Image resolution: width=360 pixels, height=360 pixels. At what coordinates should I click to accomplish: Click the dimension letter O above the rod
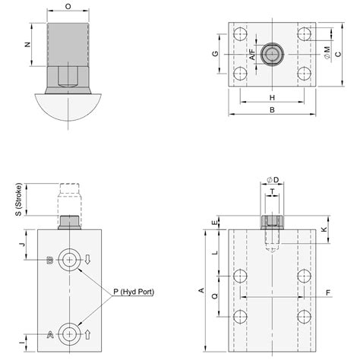tap(68, 6)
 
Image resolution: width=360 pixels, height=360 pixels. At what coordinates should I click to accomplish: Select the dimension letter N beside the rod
tap(28, 45)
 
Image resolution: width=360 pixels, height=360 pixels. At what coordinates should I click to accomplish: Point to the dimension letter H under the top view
tap(272, 98)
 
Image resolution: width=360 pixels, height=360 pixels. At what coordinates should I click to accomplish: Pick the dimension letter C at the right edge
tap(339, 53)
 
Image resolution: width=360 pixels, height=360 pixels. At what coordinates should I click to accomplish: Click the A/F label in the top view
tap(251, 54)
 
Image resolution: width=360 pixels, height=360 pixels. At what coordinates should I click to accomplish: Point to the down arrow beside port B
tap(88, 260)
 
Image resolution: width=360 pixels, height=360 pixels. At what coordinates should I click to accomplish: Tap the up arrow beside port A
tap(88, 333)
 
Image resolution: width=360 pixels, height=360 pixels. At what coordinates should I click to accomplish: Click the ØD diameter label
tap(273, 179)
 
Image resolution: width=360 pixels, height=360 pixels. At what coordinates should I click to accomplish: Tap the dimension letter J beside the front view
tap(23, 245)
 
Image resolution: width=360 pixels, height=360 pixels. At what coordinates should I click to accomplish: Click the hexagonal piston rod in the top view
tap(272, 54)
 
